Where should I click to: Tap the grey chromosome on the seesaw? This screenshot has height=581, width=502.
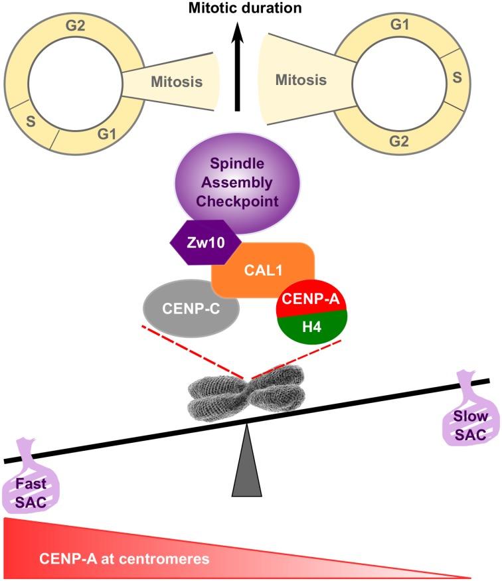tap(247, 392)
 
